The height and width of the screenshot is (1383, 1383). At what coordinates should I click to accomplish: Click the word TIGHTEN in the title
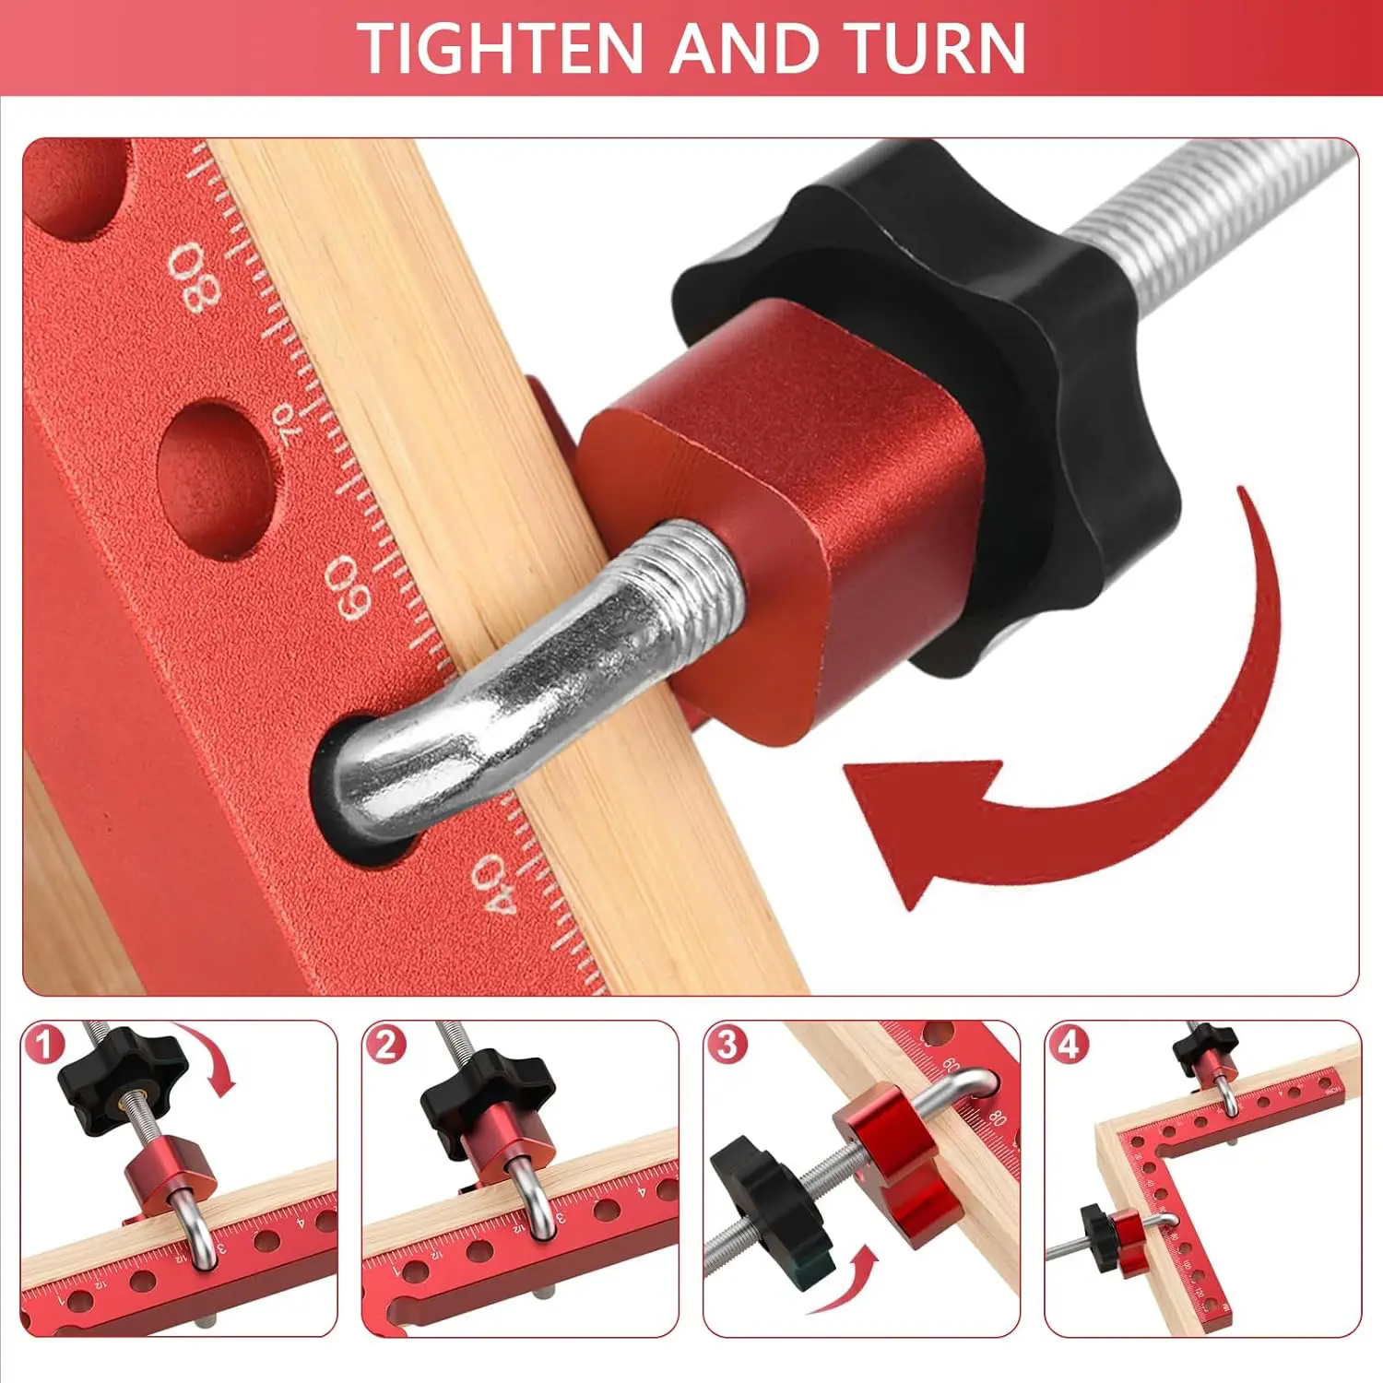click(501, 48)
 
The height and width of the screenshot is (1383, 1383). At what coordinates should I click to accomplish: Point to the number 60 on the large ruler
click(352, 586)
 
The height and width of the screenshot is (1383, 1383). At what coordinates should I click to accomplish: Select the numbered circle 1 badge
click(45, 1045)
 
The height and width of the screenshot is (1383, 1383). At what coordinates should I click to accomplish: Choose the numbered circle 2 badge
click(385, 1045)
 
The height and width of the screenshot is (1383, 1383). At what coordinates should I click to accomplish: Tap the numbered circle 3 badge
click(727, 1045)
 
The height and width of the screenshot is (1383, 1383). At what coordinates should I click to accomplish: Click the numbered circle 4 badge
click(1068, 1045)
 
